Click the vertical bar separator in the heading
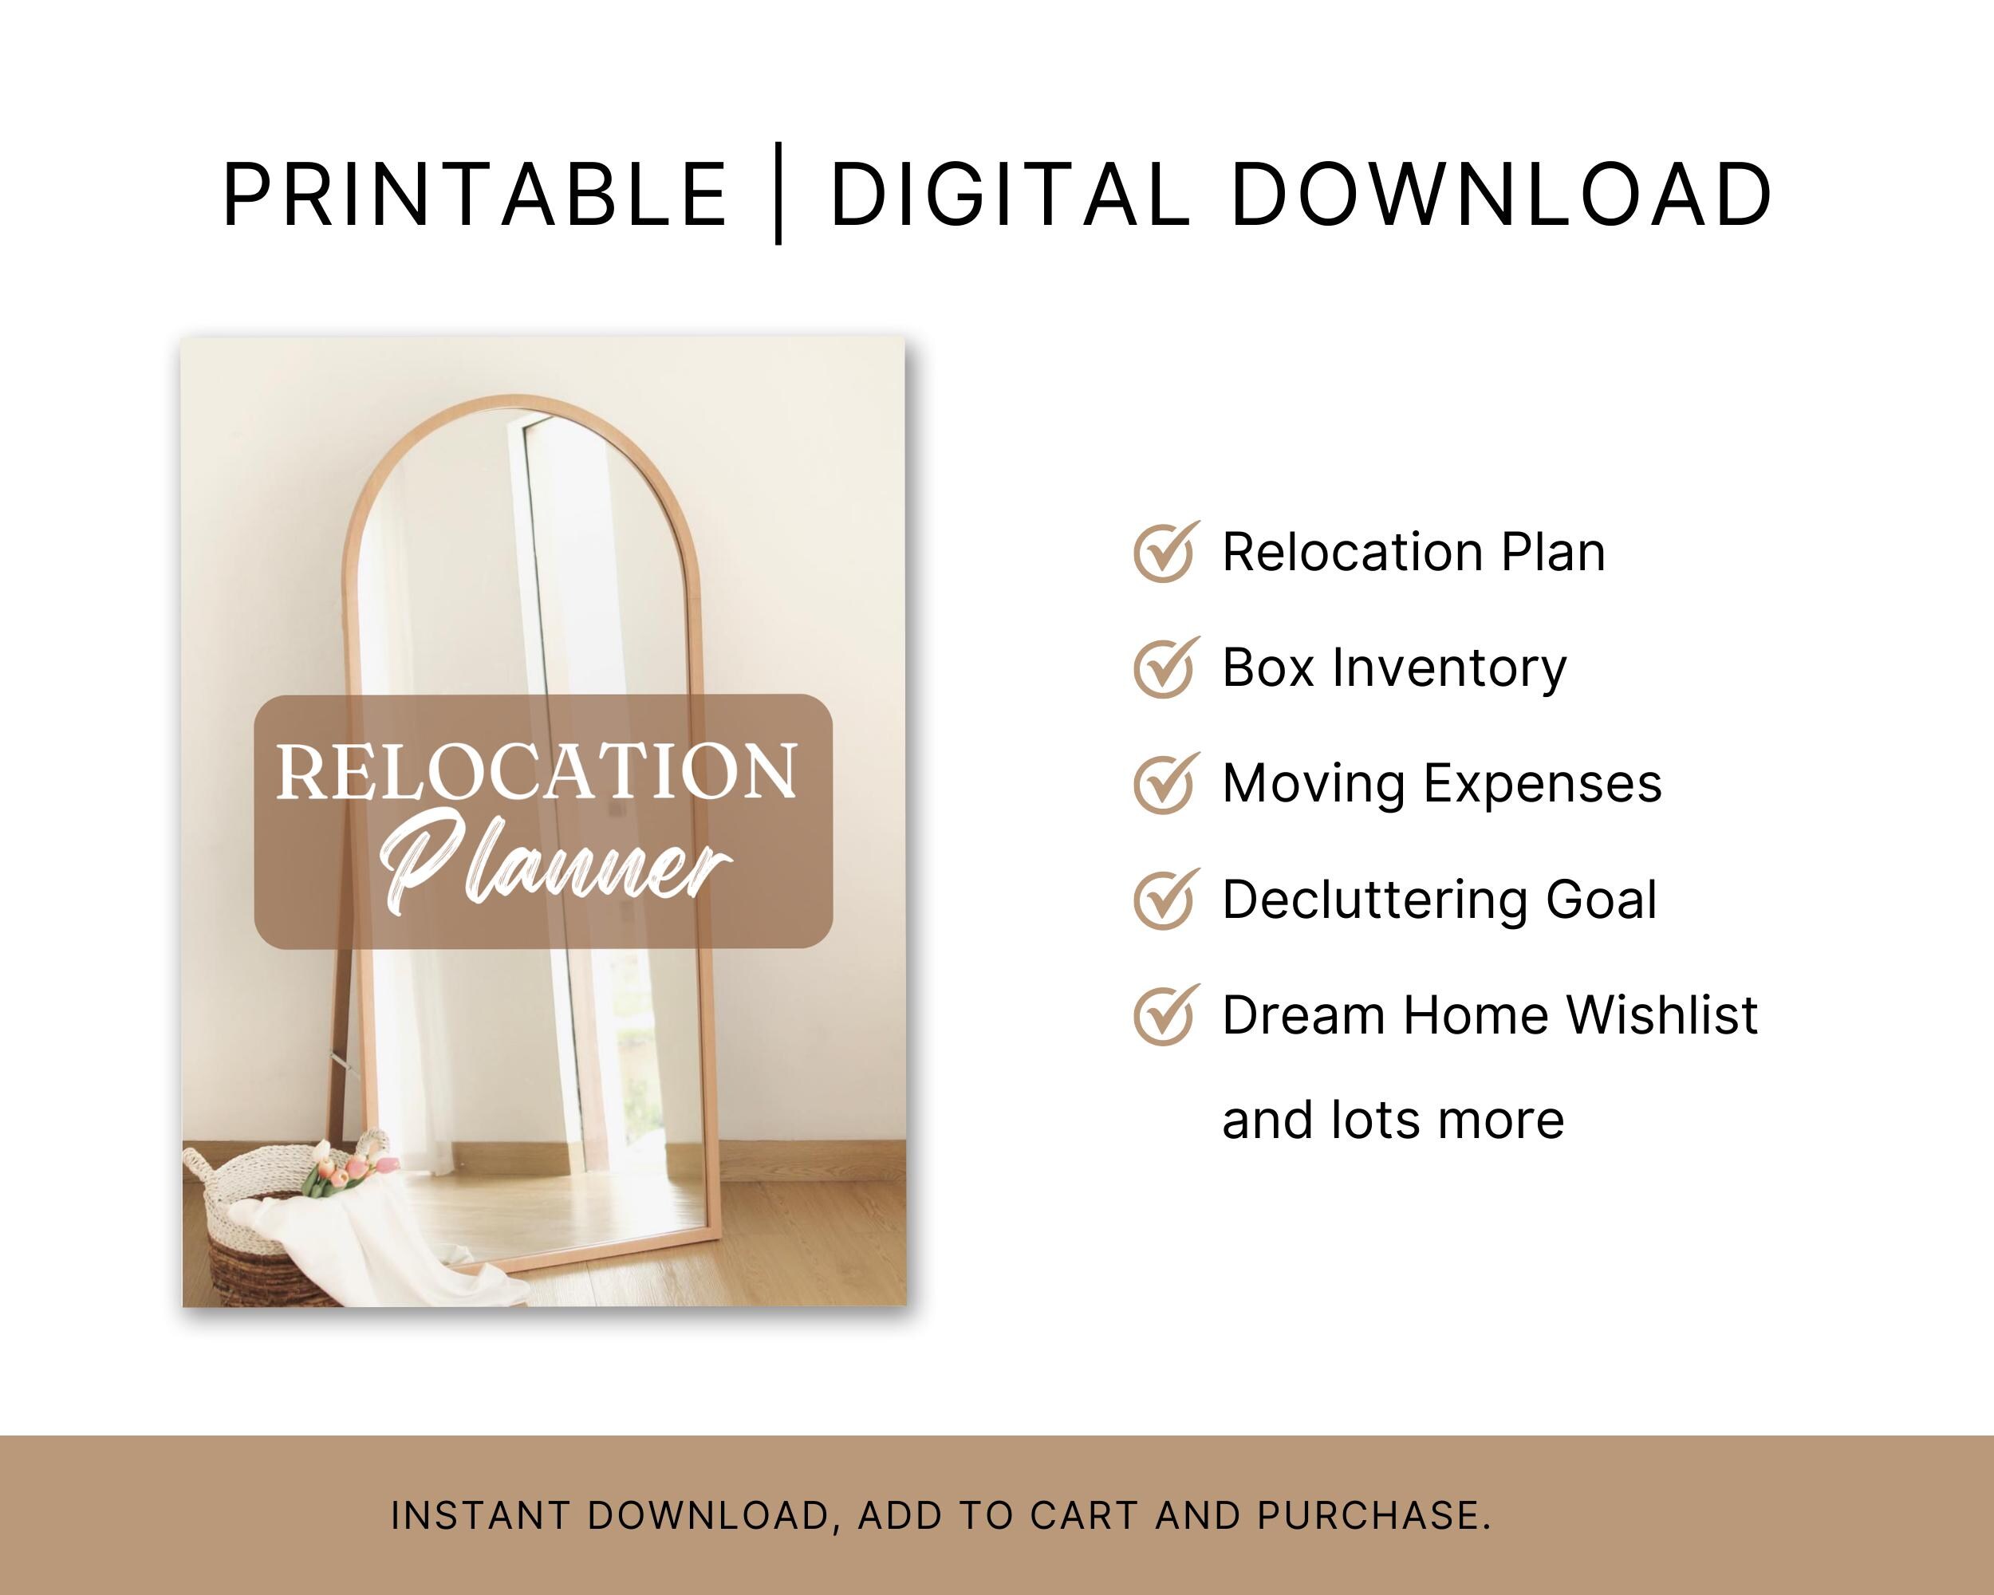click(778, 194)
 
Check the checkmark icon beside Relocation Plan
click(1165, 552)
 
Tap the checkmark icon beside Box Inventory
click(1165, 668)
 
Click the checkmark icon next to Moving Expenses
click(1165, 783)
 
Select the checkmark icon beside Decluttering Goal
click(1165, 899)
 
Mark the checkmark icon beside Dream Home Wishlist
click(1165, 1015)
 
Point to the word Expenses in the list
click(1542, 784)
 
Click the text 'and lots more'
click(1393, 1120)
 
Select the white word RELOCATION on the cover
click(537, 772)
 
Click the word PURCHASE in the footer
click(1373, 1515)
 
